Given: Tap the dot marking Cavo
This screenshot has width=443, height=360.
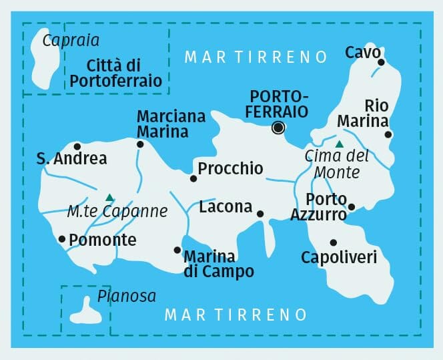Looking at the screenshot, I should click(381, 62).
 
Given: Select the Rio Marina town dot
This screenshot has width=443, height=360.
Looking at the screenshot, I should click(388, 134).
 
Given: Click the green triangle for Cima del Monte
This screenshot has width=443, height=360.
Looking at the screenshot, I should click(339, 144).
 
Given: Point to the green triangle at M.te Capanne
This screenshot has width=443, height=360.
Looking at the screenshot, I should click(109, 197).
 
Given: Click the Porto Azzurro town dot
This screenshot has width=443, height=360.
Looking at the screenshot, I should click(352, 206).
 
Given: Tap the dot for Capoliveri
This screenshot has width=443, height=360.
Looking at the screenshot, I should click(333, 242).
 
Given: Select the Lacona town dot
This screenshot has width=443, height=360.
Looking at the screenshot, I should click(260, 214).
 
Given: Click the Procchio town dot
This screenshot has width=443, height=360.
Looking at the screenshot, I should click(193, 178).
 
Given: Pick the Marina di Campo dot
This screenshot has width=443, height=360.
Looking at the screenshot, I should click(177, 250).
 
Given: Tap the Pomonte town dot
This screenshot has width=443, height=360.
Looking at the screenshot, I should click(62, 238).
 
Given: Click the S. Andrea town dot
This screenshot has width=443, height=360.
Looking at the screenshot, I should click(77, 146).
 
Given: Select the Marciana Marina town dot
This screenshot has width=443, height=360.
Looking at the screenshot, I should click(140, 144).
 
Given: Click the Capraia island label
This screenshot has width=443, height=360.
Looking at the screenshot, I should click(71, 41).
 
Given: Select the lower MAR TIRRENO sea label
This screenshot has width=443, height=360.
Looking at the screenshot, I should click(236, 314).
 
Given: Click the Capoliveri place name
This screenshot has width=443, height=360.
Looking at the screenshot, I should click(339, 257).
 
